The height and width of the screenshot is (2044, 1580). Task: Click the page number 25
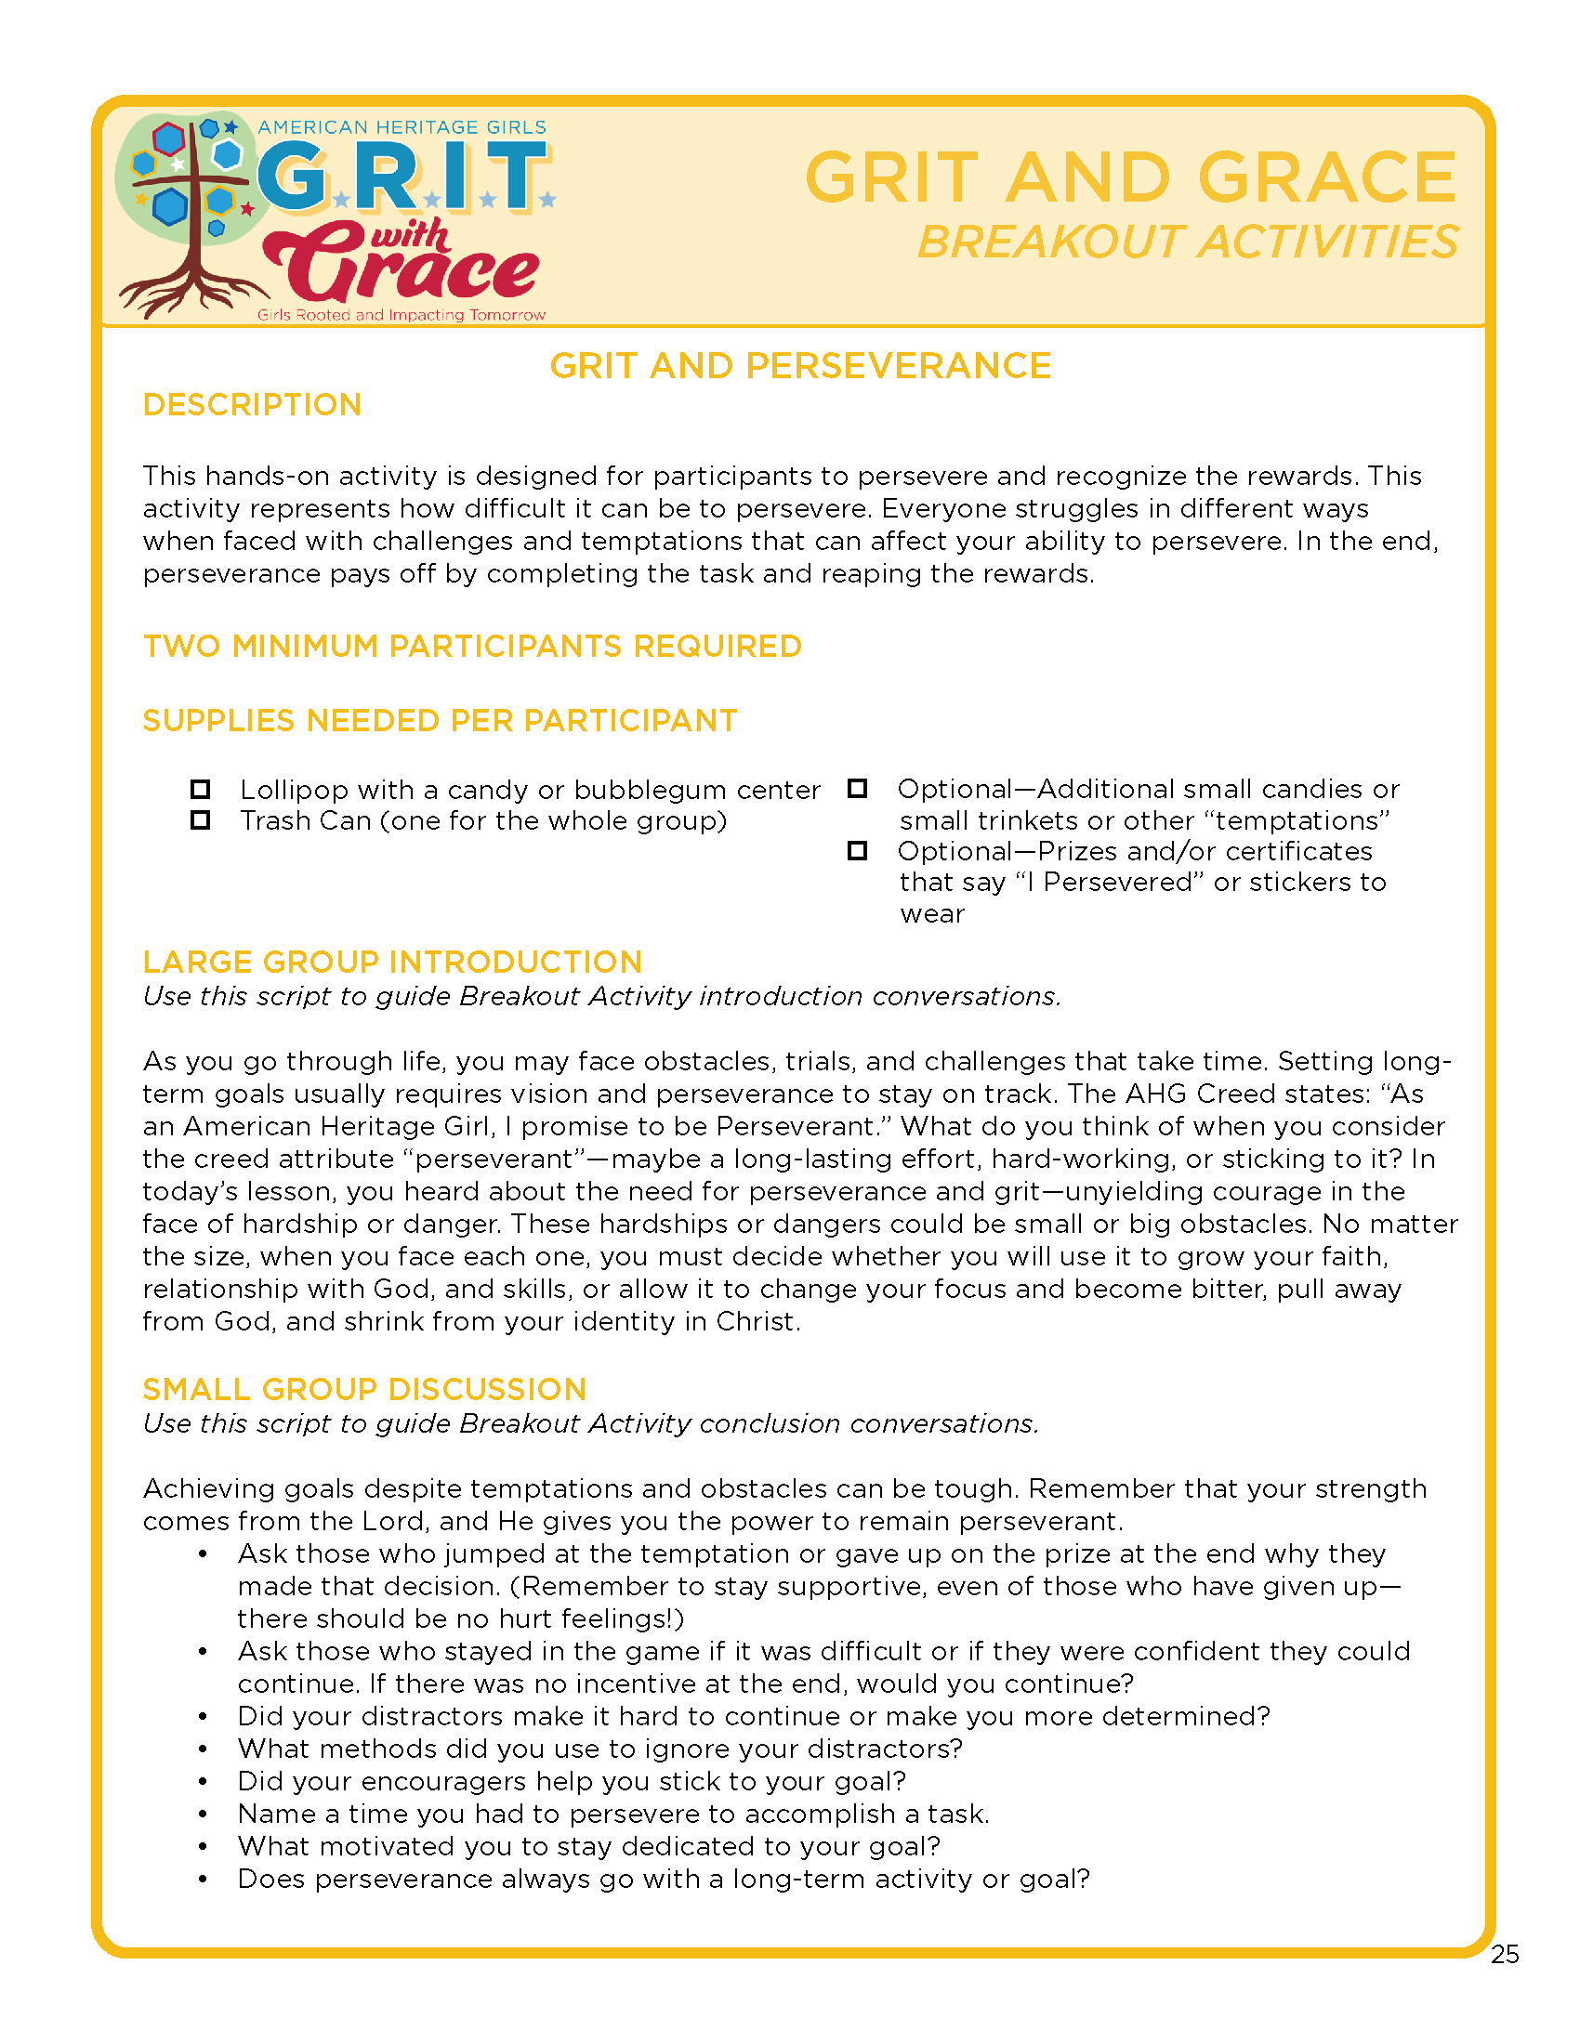point(1504,1954)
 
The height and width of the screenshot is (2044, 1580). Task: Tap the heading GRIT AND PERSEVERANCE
point(800,366)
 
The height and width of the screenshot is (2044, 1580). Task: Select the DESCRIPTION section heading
point(252,405)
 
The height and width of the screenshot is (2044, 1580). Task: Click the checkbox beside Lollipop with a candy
point(201,789)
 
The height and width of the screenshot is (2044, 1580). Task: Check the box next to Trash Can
point(201,819)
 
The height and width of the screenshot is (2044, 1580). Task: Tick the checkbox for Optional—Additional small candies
point(858,788)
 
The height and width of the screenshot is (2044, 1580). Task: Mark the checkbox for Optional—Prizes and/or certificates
point(858,851)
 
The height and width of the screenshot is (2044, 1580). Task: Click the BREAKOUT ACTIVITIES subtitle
point(1187,242)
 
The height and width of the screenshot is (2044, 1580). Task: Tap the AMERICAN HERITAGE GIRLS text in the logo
point(402,127)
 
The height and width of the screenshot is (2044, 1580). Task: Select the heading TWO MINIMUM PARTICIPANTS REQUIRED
point(472,647)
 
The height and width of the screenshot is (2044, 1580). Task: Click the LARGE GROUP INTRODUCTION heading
point(392,963)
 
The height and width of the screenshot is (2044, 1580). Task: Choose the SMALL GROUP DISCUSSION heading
point(364,1389)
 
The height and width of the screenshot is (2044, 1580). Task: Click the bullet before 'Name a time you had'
point(203,1815)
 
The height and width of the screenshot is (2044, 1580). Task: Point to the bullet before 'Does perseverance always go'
point(203,1880)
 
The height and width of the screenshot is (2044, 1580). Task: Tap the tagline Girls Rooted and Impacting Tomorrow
point(402,315)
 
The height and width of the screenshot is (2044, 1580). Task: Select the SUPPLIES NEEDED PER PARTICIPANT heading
point(440,721)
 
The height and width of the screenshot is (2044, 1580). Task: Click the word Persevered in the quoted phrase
point(1117,883)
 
